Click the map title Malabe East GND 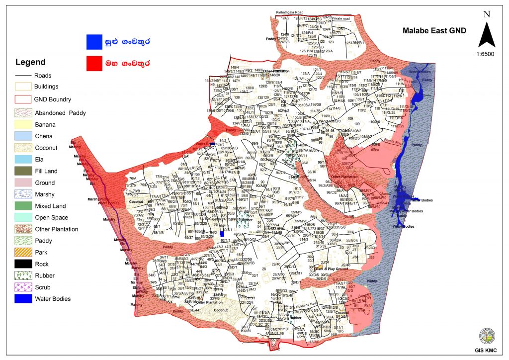[434, 30]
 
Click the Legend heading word [31, 62]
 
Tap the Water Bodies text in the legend [53, 299]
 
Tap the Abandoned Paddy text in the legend [60, 113]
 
